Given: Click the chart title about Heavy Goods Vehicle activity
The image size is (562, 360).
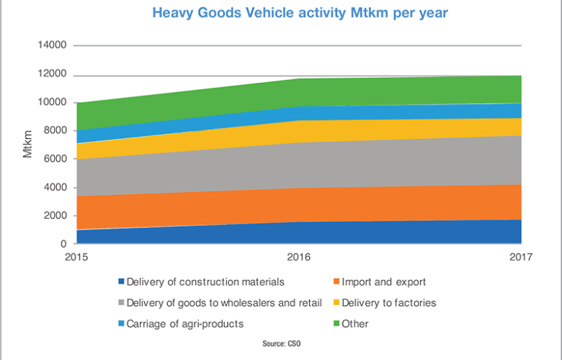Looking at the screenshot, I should (x=280, y=13).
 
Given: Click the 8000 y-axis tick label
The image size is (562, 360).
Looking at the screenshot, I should (x=55, y=130).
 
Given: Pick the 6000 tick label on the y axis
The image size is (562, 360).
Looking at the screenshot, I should (x=55, y=159).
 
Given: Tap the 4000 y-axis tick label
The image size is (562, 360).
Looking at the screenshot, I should (x=55, y=187).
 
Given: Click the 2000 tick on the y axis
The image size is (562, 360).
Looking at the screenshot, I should (x=55, y=215).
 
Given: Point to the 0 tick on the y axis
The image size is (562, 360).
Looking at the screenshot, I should (x=63, y=244).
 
